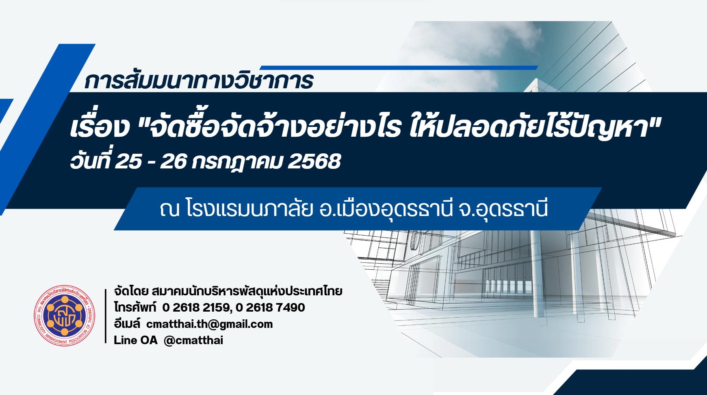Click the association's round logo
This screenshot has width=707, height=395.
tap(65, 315)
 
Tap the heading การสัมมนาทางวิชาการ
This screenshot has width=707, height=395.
tap(199, 81)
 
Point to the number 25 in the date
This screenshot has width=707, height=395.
tap(128, 161)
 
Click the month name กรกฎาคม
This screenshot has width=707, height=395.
tap(237, 161)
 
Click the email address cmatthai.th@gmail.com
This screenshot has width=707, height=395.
tap(210, 324)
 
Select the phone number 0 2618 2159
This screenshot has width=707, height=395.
tap(197, 308)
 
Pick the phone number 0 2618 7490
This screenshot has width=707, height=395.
tap(271, 308)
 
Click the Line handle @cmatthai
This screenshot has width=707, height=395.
tap(193, 340)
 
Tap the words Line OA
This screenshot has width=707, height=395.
tap(135, 340)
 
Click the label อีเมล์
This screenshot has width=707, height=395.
tap(127, 324)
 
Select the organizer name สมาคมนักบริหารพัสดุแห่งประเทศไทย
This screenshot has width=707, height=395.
tap(247, 291)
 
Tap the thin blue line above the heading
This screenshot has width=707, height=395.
tap(399, 68)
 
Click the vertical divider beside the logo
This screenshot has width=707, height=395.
tap(106, 316)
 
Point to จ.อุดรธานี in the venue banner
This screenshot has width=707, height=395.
tap(503, 209)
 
